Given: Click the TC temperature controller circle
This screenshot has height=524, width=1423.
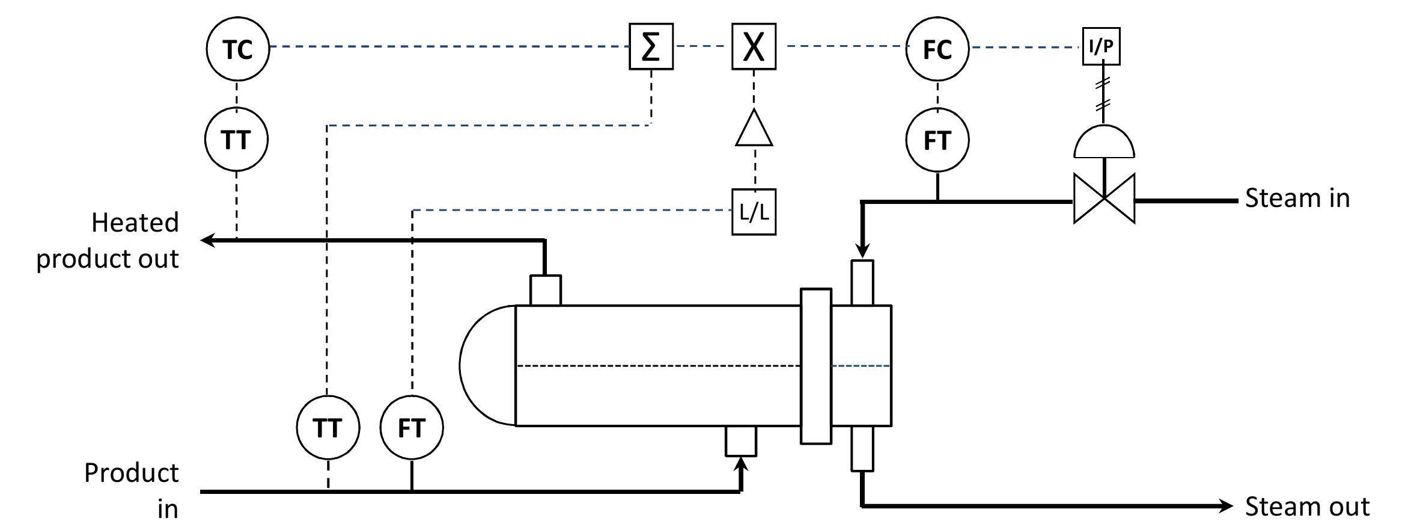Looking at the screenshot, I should coord(237,48).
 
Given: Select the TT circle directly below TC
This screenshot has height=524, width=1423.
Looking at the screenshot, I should coord(236,140).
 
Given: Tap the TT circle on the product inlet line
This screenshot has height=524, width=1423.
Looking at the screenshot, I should coord(328,427).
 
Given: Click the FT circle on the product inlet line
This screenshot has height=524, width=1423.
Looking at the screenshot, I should coord(412,427).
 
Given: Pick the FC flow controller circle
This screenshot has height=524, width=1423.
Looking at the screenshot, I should coord(937,48).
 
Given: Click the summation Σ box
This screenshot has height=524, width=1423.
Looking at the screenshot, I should coord(651,46).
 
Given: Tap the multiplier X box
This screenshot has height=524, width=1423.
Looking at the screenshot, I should coord(754,46).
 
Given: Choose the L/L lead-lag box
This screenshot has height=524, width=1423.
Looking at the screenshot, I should coord(754,212).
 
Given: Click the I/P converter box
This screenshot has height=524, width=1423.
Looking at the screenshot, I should coord(1101,46).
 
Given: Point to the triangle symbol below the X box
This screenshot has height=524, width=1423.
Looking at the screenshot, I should coord(754,130).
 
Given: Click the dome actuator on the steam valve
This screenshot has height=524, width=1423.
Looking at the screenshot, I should coord(1104,143).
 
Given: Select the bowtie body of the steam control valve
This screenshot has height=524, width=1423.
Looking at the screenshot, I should coord(1104,199).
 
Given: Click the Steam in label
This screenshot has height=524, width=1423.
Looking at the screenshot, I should coord(1297,198).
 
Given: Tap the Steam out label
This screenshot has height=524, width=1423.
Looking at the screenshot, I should coord(1306,507).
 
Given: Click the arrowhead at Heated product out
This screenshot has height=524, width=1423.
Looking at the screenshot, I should coord(208,241).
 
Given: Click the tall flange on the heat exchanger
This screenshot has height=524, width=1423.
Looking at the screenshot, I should coord(815,366).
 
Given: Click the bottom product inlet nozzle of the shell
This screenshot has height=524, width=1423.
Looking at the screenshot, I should coord(740,441).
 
